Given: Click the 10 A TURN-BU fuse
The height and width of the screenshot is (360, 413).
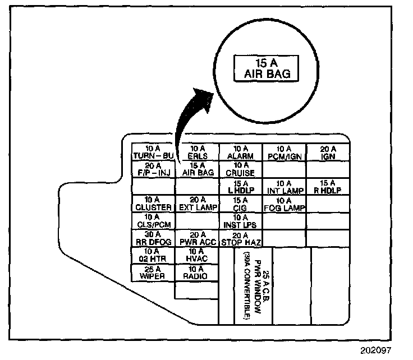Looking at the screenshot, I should coord(153,152).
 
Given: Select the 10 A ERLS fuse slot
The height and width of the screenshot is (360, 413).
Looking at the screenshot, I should coord(197,152).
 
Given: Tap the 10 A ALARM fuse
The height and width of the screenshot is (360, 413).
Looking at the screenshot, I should coord(240,152).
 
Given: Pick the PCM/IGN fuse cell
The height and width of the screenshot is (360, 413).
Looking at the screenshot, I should coord(284,152).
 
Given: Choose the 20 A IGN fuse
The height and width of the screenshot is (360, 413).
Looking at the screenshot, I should coord(328,152).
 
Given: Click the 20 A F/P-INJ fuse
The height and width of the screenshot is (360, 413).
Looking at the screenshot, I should coord(153,169).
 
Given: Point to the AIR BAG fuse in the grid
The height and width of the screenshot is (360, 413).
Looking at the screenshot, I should coord(197,169).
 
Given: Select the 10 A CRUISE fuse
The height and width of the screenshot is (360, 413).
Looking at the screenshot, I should coord(240,169).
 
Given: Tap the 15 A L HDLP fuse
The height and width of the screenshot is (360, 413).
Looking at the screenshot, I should coord(240,186).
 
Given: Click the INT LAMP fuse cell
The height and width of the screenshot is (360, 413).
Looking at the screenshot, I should coord(284,186).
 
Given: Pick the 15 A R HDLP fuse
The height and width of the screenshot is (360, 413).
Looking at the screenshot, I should coord(328,186).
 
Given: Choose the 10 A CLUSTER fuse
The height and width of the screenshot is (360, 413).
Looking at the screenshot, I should coord(153,203).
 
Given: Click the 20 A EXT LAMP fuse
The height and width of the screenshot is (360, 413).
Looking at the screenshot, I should coord(197,203).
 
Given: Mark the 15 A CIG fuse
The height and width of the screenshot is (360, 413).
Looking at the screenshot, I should coord(240,203).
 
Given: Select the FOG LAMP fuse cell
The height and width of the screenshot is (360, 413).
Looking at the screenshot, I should coord(284,203).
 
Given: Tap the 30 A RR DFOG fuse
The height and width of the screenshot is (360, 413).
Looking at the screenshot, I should coord(153,238).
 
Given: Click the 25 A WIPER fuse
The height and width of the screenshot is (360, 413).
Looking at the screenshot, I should coord(153,273).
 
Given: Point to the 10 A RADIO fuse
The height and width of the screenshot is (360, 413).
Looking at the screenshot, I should coord(197,273).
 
